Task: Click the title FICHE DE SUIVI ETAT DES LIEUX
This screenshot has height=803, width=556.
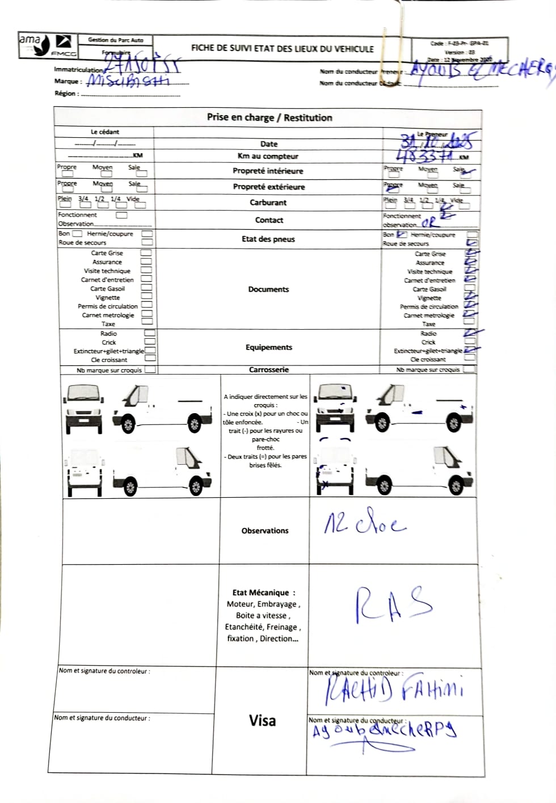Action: [282, 48]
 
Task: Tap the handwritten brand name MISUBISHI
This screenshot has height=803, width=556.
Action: [128, 81]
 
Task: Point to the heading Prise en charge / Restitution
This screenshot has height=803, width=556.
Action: [269, 117]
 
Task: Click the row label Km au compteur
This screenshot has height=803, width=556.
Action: [268, 156]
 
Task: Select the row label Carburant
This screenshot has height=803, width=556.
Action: [268, 203]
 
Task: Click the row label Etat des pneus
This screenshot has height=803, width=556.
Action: [268, 239]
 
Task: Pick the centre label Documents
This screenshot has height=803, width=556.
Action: [268, 289]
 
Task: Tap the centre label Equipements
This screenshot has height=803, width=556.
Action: [268, 347]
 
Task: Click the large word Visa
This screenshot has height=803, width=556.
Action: [262, 721]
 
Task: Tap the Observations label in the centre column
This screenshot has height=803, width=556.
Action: [265, 531]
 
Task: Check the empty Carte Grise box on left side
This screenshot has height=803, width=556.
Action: [146, 253]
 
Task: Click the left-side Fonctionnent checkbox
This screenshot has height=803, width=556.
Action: [121, 215]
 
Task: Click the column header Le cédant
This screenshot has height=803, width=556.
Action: [105, 132]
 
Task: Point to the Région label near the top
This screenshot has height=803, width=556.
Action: [66, 93]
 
